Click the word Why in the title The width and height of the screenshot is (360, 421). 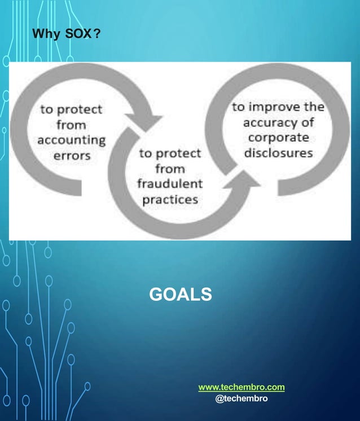point(45,35)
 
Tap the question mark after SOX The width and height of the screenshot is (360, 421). point(96,35)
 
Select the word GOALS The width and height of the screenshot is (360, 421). point(180,295)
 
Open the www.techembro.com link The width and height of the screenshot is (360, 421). point(242,387)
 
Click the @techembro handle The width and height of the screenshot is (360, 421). point(242,398)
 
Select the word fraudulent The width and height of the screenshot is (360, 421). point(170,184)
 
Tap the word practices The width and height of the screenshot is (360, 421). point(170,199)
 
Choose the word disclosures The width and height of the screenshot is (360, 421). point(282,153)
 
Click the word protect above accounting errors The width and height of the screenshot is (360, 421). point(78,109)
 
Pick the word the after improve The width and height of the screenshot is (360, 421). point(314,107)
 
